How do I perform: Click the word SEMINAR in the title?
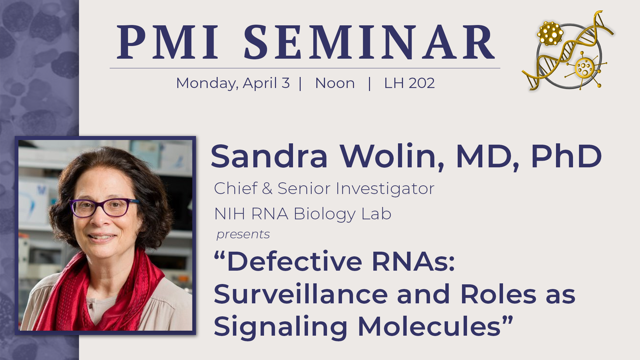369,42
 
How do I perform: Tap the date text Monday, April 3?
233,83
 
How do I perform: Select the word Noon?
335,83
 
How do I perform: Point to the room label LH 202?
409,83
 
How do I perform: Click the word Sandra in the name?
269,156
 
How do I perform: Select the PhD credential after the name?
566,156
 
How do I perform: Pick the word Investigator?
385,189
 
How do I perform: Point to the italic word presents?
243,235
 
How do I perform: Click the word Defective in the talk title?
294,262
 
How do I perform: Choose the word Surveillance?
301,294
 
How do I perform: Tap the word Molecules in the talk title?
430,327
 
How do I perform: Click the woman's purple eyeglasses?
104,207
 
